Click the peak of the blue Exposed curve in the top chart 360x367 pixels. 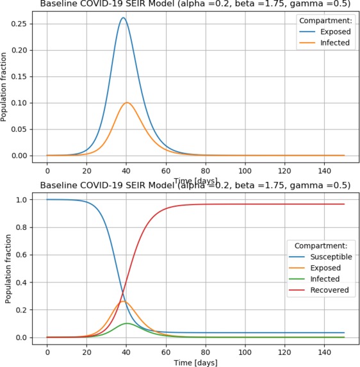point(123,19)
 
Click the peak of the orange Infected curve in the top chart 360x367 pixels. point(127,102)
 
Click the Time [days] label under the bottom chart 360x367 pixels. point(195,363)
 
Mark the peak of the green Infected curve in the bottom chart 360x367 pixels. point(127,323)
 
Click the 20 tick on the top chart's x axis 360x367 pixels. point(86,172)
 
